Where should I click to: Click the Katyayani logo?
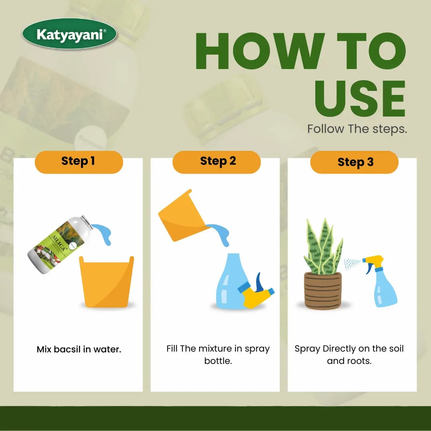point(69,34)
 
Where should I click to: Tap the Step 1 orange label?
point(79,162)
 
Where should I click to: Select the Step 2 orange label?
point(216,162)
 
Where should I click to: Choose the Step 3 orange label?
point(354,162)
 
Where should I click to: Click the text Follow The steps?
point(357,129)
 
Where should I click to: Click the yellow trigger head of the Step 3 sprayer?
point(373,262)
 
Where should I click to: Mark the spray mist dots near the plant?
point(352,263)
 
